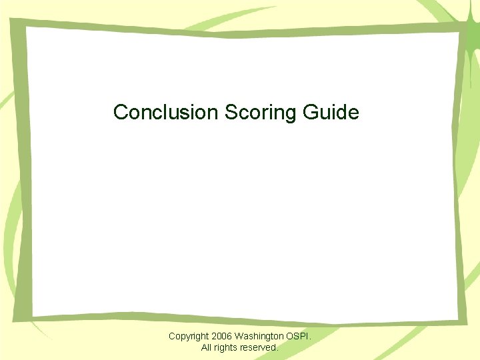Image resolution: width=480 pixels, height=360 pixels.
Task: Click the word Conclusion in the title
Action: pos(166,111)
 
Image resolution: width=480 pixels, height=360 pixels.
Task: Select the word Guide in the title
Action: pos(331,111)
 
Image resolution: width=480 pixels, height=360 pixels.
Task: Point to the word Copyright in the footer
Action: pos(189,336)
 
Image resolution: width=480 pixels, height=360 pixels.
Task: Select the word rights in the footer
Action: pos(229,347)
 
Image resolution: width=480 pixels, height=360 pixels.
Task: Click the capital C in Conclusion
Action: pos(121,111)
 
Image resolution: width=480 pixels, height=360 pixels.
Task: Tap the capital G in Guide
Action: pos(310,111)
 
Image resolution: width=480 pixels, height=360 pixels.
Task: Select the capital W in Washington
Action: pos(239,336)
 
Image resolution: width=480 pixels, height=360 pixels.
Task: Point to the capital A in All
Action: pos(204,347)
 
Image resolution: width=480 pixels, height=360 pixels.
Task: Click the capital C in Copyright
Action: pos(172,336)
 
